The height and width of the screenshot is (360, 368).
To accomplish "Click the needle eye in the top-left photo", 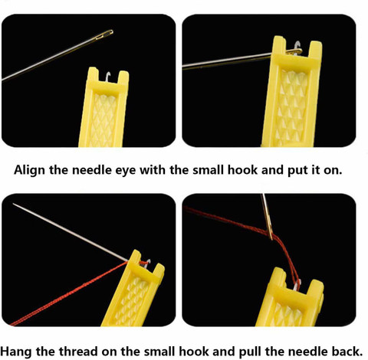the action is pyautogui.click(x=105, y=34).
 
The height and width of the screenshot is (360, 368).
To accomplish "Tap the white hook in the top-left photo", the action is pyautogui.click(x=108, y=77).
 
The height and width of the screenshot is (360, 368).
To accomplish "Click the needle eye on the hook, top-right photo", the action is pyautogui.click(x=294, y=51).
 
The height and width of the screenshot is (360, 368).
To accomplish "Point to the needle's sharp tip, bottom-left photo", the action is pyautogui.click(x=14, y=204).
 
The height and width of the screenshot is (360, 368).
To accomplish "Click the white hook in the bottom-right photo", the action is pyautogui.click(x=297, y=285).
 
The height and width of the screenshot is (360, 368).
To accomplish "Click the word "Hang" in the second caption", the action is pyautogui.click(x=16, y=352).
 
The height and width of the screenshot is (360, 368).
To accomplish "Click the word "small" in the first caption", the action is pyautogui.click(x=208, y=170).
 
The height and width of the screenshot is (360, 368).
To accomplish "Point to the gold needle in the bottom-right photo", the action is pyautogui.click(x=267, y=217).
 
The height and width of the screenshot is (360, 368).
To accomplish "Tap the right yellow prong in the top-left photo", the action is pyautogui.click(x=123, y=80).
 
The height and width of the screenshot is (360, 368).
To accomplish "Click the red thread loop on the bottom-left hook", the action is pyautogui.click(x=144, y=263).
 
